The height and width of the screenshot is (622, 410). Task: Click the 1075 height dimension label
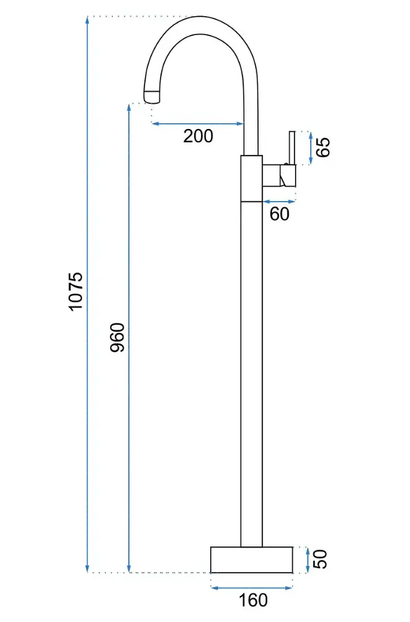point(76,292)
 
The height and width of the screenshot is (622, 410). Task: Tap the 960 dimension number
point(117,337)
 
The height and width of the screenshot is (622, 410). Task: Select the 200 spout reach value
point(198,136)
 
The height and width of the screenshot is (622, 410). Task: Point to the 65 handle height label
point(323,147)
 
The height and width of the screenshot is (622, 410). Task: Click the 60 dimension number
point(280,214)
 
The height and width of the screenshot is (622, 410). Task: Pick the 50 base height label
point(320,560)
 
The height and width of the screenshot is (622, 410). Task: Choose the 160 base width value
point(253,600)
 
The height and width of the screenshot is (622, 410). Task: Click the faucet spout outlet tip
point(153,96)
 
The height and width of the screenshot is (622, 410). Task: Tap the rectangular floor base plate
point(252,560)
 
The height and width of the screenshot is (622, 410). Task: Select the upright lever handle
point(293,147)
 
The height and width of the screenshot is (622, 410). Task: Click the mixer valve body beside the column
point(280,175)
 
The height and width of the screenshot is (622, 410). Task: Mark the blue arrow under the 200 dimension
point(198,123)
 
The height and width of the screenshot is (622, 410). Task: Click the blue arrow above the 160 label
point(252,588)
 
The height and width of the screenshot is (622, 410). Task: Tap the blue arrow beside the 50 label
point(308,560)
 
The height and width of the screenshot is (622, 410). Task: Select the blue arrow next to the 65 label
point(310,148)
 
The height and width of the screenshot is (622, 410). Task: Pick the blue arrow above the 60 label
point(280,201)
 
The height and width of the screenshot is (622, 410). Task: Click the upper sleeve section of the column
point(252,179)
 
